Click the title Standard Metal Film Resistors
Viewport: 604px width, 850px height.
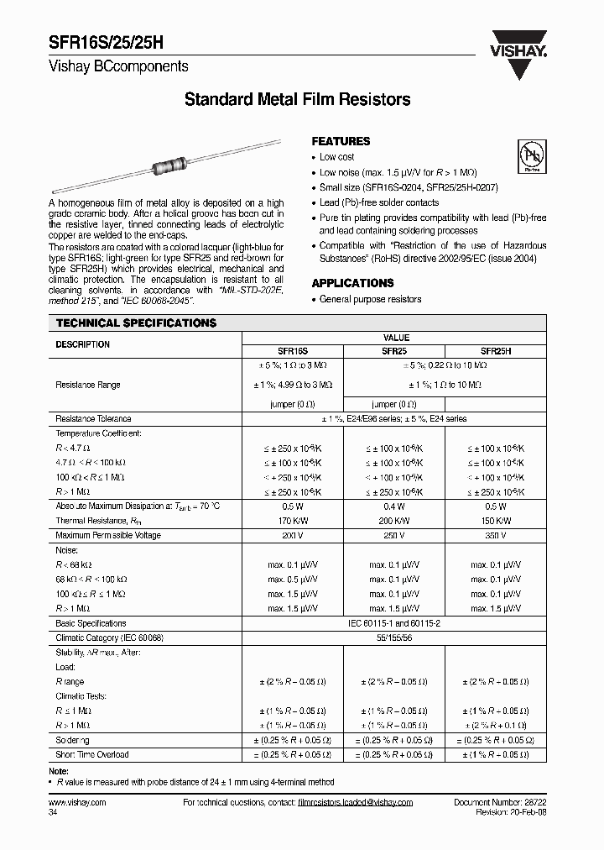297,100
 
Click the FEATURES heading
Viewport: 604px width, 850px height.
341,142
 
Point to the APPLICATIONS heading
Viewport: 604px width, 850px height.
352,283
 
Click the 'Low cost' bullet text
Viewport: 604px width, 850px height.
337,157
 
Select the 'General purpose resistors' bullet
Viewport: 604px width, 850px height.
370,300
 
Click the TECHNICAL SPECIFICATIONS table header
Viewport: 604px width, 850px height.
136,323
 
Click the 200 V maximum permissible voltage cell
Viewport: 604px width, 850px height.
293,535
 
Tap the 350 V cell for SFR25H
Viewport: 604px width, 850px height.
495,535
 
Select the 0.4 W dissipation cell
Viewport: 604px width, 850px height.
394,506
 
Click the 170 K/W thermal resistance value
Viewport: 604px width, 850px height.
293,521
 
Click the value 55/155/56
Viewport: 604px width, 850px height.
394,637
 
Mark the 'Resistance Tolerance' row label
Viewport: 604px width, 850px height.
93,418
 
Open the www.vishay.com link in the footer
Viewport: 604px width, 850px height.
73,803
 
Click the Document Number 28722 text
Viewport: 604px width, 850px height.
500,803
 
